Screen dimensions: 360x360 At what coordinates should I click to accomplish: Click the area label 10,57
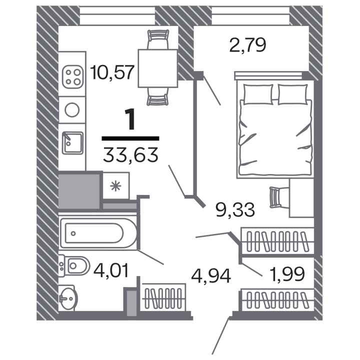[113, 73]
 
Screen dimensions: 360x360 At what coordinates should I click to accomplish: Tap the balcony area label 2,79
[247, 46]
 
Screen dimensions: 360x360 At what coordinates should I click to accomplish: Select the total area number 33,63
[131, 154]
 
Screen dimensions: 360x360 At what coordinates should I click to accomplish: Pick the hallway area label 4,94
[211, 274]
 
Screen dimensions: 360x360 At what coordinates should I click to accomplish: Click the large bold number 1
[130, 120]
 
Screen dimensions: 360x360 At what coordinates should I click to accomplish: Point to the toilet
[74, 265]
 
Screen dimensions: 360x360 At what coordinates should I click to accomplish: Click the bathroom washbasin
[67, 298]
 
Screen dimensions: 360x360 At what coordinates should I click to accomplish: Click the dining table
[157, 67]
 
